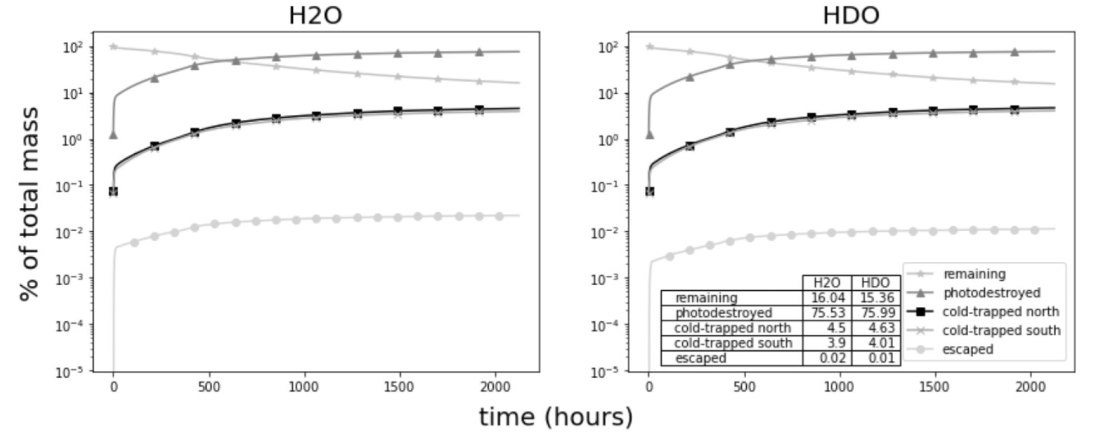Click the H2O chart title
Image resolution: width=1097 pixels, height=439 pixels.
tap(315, 15)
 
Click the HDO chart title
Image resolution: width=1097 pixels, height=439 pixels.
tap(850, 15)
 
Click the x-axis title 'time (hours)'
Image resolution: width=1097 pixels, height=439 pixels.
tap(556, 417)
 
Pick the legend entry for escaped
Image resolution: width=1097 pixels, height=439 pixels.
tap(967, 350)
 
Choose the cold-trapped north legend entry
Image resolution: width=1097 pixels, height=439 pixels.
tap(1000, 312)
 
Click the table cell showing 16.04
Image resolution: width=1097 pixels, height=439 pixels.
tap(828, 298)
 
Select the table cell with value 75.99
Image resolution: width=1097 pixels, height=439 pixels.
tap(876, 313)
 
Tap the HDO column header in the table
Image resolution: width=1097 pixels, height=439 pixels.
tap(876, 282)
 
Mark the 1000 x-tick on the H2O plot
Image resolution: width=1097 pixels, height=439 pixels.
tap(304, 387)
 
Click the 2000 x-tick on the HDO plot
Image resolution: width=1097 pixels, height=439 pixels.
tap(1030, 387)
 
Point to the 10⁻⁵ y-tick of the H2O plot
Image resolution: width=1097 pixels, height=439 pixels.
tap(69, 372)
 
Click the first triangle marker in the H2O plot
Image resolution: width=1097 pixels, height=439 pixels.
tap(113, 134)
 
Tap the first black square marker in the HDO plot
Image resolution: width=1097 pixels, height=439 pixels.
tap(649, 191)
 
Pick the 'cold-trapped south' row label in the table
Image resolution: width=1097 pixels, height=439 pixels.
tap(733, 343)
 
